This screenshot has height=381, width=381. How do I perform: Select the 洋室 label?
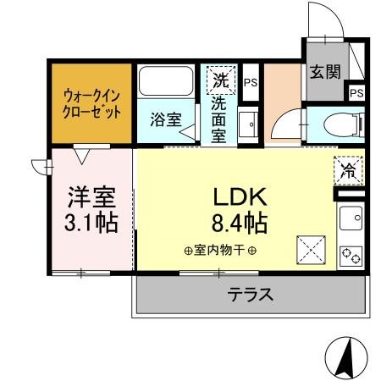[91, 196]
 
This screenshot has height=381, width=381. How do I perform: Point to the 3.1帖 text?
[91, 224]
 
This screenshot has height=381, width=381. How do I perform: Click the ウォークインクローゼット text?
[91, 103]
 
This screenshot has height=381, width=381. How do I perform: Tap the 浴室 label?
[165, 119]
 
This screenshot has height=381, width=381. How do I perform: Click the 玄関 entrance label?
[323, 72]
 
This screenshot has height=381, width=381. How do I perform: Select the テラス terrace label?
[250, 295]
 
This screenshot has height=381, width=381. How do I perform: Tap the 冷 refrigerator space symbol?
[349, 168]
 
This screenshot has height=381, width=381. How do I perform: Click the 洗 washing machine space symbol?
[220, 81]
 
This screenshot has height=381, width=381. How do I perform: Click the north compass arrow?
[345, 357]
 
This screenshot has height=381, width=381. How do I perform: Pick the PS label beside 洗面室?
[250, 82]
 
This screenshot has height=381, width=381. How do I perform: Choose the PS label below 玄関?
[356, 92]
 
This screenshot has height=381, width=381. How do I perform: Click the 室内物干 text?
[220, 251]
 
